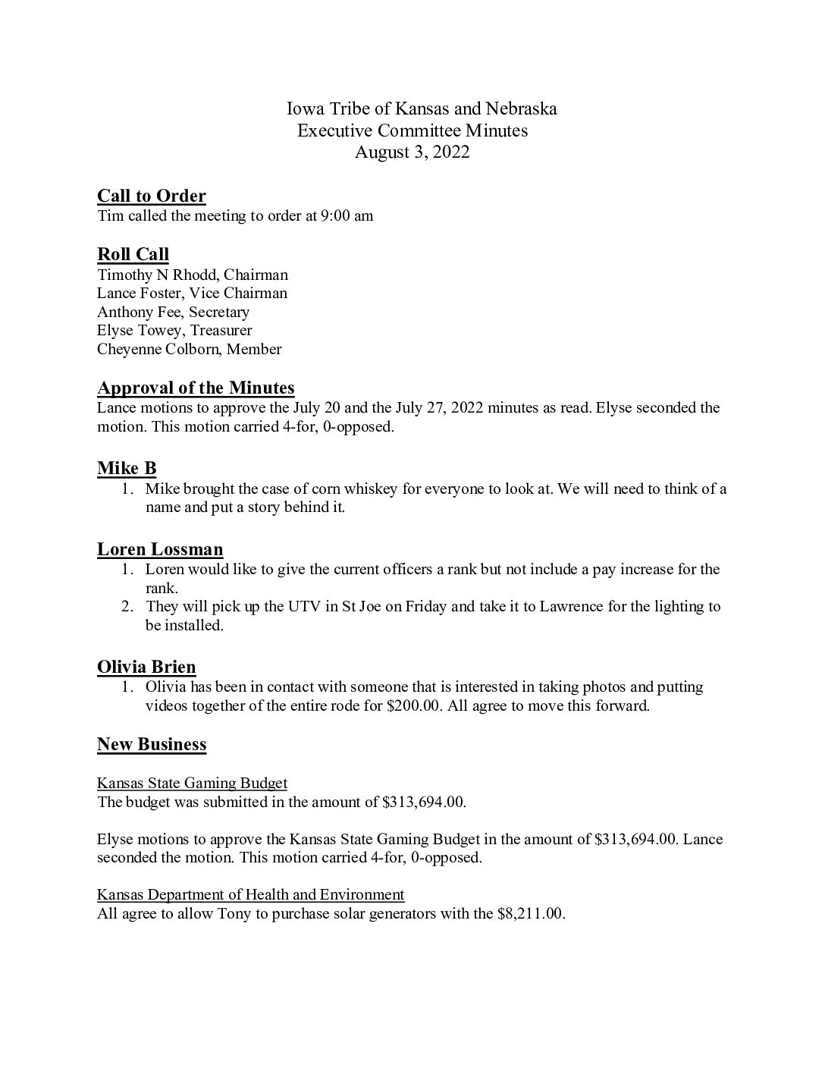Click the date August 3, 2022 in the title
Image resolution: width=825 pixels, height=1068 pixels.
412,152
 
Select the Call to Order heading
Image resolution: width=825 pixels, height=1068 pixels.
151,196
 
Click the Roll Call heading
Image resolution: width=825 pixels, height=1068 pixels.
133,254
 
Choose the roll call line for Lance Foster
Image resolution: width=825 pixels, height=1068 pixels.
192,293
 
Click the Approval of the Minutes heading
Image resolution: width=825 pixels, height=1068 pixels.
196,388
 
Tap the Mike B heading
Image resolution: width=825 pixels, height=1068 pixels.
127,468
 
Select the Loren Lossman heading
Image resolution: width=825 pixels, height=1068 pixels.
160,549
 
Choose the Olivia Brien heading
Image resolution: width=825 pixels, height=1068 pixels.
146,667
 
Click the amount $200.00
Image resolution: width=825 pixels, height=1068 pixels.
412,705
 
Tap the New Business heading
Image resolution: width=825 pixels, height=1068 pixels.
152,744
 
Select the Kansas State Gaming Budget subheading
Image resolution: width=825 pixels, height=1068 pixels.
192,783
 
